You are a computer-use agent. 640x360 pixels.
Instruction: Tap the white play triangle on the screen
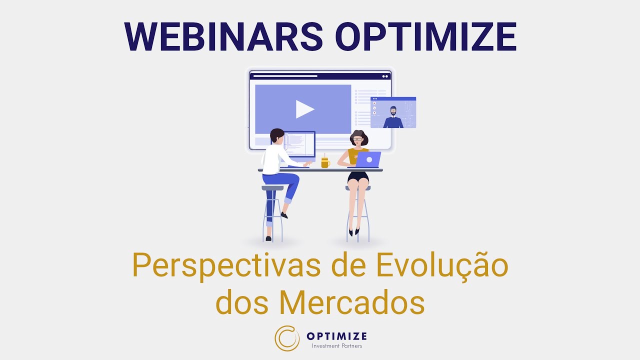pyautogui.click(x=304, y=109)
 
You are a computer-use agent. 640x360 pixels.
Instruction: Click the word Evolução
pyautogui.click(x=442, y=267)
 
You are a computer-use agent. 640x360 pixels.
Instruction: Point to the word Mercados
pyautogui.click(x=352, y=302)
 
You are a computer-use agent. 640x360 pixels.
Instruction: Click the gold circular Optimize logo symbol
pyautogui.click(x=287, y=338)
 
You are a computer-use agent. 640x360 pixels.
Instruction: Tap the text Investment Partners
pyautogui.click(x=336, y=346)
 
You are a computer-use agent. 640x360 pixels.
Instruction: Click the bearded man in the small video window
pyautogui.click(x=393, y=118)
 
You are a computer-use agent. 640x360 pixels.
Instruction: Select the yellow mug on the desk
pyautogui.click(x=325, y=162)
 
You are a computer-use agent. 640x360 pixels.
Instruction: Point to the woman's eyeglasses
pyautogui.click(x=358, y=139)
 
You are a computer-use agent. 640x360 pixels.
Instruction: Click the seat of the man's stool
pyautogui.click(x=272, y=188)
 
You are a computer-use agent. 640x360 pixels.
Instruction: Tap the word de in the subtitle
pyautogui.click(x=350, y=267)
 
